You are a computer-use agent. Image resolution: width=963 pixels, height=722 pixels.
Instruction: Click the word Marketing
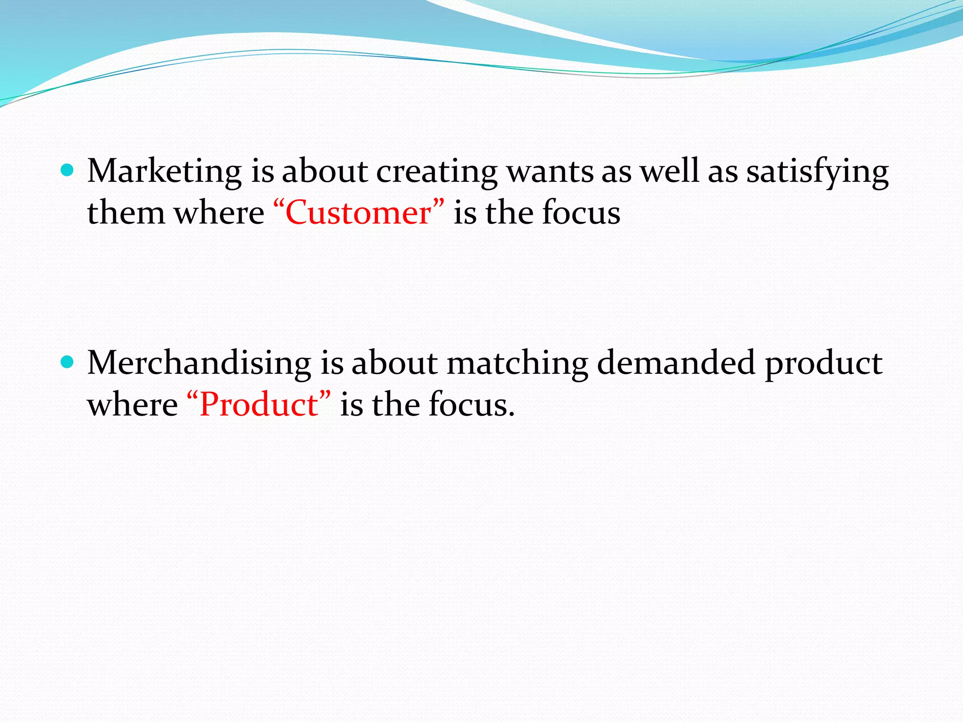pos(165,171)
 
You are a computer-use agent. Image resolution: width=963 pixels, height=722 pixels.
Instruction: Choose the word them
pos(126,212)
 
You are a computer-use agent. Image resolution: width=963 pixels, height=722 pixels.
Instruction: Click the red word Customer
pos(358,212)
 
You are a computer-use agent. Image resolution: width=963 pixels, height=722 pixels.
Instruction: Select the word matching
pos(517,364)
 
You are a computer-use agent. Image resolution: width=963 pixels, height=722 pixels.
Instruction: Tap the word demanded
pos(676,363)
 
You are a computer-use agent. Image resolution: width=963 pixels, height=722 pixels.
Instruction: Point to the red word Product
pos(259,404)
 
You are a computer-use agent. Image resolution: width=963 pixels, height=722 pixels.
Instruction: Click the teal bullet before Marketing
pos(68,170)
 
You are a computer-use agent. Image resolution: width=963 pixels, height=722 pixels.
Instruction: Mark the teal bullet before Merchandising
pos(68,362)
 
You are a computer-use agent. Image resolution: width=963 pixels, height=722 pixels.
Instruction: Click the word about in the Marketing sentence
pos(324,171)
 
